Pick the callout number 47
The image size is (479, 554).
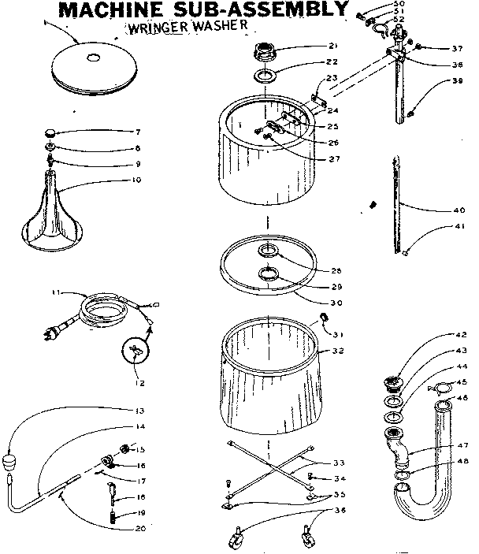[460, 445]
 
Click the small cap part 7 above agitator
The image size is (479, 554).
[51, 132]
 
